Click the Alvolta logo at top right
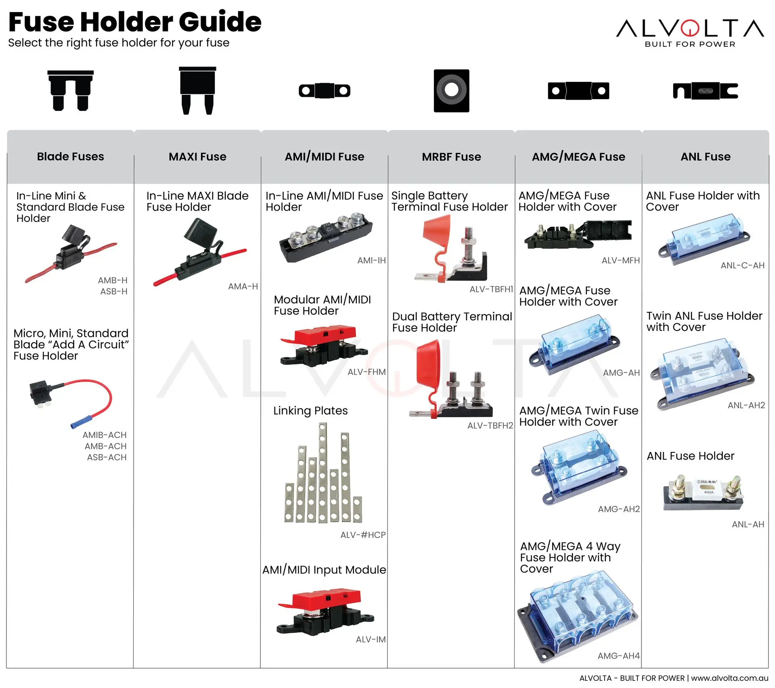coord(690,32)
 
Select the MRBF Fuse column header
coord(451,157)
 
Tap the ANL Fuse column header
coord(705,157)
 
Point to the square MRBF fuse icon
coord(451,90)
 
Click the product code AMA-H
coord(243,286)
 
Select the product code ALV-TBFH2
coord(490,426)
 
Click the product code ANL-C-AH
coord(742,266)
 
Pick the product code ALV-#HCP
coord(363,535)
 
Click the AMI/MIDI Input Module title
coord(324,570)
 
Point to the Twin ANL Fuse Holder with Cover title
coord(704,321)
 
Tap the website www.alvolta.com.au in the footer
coord(729,678)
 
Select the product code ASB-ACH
coord(107,458)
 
